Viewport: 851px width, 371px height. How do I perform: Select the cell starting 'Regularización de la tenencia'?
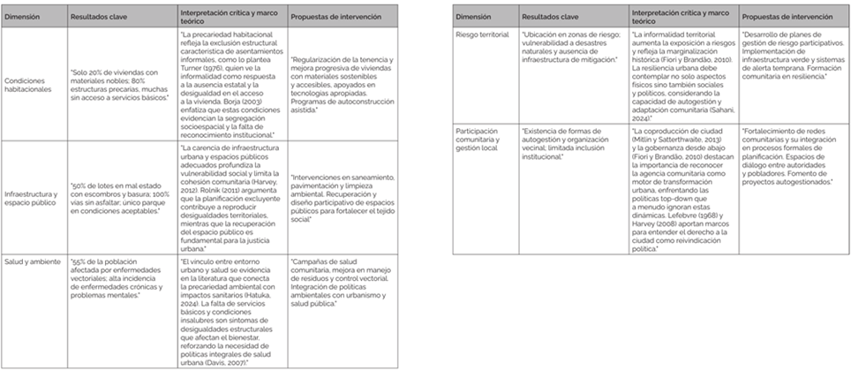coord(344,84)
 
